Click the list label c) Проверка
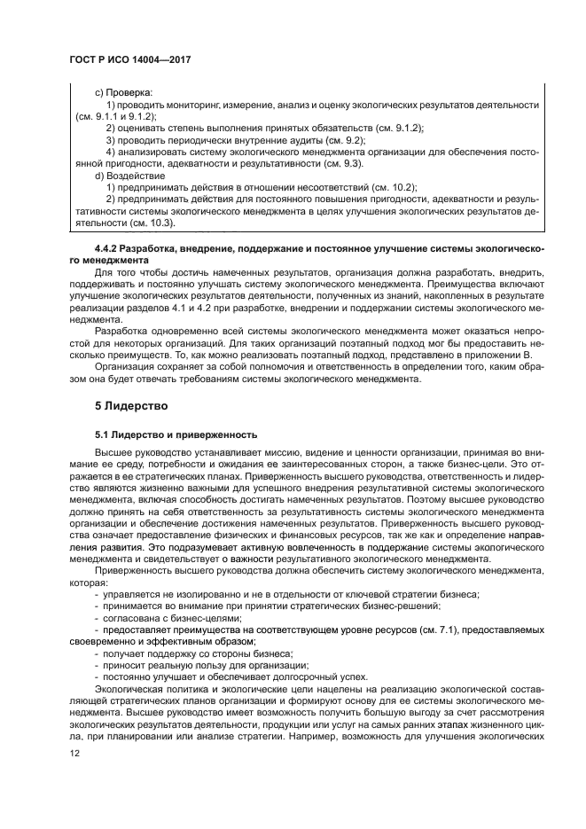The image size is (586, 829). coord(123,92)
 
